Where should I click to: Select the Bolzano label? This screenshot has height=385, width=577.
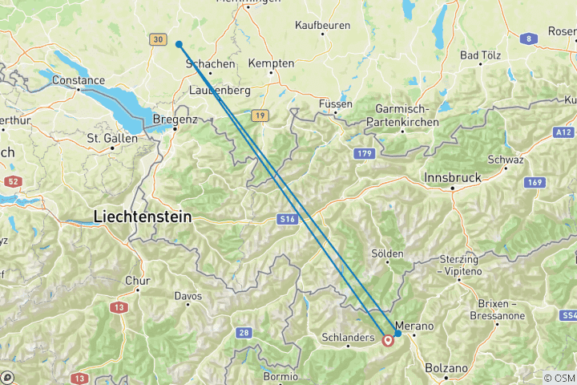pos(446,367)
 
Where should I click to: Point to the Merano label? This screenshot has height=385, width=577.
pos(414,326)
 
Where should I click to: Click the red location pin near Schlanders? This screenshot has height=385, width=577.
pos(388,340)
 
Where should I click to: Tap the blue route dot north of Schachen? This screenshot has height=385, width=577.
pos(179,45)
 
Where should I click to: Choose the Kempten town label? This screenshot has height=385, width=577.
pos(272,63)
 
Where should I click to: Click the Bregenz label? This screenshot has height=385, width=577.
pos(175,119)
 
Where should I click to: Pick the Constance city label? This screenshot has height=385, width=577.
pos(78,80)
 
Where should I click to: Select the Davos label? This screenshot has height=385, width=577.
pos(188,296)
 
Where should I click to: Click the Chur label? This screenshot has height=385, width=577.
pos(137,281)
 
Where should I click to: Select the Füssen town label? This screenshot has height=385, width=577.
pos(336,103)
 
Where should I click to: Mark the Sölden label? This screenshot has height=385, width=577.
pos(388,253)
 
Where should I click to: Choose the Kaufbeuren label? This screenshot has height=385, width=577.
pos(322,26)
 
